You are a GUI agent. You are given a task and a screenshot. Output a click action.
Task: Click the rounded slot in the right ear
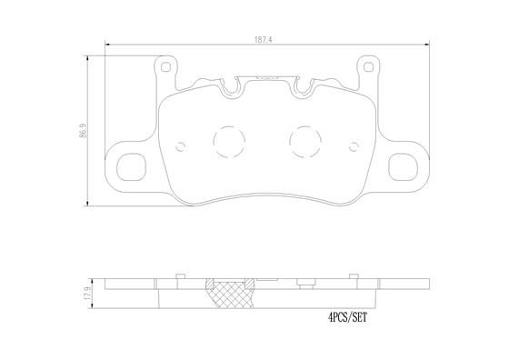pyautogui.click(x=401, y=170)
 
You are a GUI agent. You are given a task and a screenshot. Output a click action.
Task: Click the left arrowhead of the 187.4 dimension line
pyautogui.click(x=107, y=46)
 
